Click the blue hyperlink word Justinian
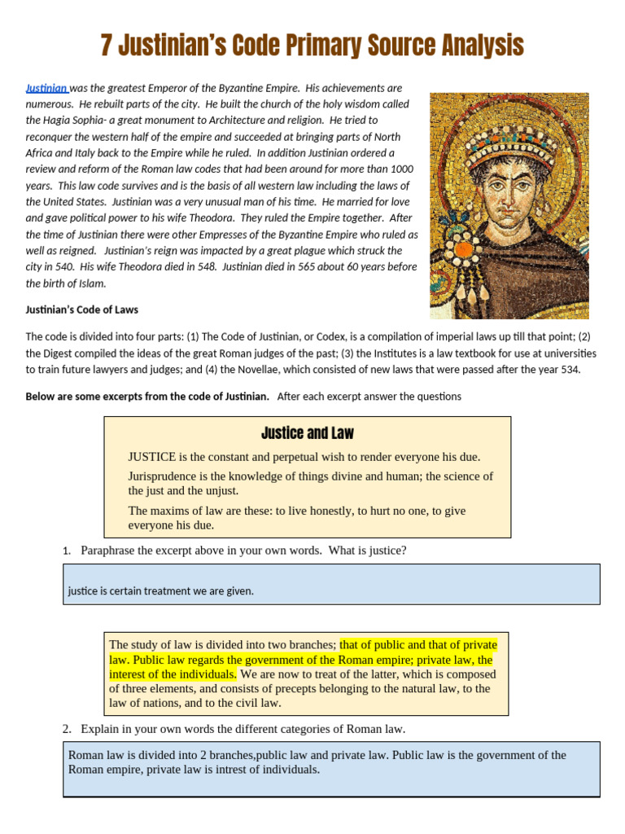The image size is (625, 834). coord(46,88)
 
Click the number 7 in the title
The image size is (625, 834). coord(106,46)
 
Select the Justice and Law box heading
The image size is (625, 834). coord(308,433)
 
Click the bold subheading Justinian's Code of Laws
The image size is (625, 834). coord(81,309)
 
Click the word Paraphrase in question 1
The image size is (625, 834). coord(111,551)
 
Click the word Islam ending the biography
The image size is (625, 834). coord(91,283)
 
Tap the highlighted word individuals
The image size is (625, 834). coord(209,674)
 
